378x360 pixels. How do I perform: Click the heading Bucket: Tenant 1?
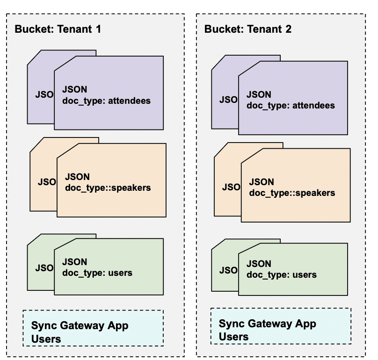(58, 29)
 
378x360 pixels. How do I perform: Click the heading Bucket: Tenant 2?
(248, 29)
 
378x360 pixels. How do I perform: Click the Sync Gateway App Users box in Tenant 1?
(93, 328)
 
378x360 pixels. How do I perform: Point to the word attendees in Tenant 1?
(129, 100)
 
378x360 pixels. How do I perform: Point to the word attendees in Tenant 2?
(313, 106)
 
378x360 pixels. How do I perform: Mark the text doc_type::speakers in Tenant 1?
(108, 188)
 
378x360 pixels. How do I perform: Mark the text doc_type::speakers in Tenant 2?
(292, 193)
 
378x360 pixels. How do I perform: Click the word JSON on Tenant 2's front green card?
(258, 264)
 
